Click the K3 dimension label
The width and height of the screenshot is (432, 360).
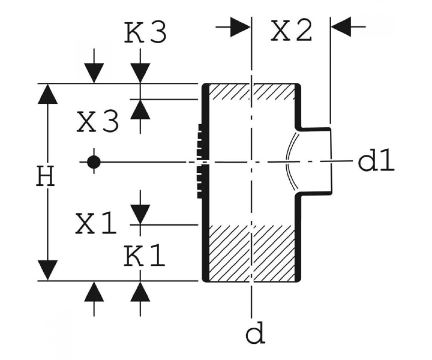click(x=145, y=32)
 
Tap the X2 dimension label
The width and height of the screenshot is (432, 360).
click(x=291, y=30)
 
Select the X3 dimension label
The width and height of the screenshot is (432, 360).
click(x=98, y=121)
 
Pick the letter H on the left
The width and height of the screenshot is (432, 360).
click(x=45, y=176)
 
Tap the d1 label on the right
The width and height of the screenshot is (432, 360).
click(x=376, y=160)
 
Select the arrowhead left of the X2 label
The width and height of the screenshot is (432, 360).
click(x=240, y=27)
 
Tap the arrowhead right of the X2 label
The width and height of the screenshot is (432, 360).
click(x=341, y=27)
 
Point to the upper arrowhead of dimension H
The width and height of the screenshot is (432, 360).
click(x=48, y=94)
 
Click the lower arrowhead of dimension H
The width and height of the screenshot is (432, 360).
click(x=48, y=270)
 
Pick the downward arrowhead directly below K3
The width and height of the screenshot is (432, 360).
click(x=140, y=73)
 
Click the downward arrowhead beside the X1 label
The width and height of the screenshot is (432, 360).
click(x=140, y=214)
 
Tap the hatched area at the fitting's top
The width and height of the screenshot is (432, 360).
click(x=252, y=91)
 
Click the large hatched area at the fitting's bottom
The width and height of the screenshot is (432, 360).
click(x=252, y=253)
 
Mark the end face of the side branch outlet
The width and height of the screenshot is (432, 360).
click(x=331, y=161)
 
